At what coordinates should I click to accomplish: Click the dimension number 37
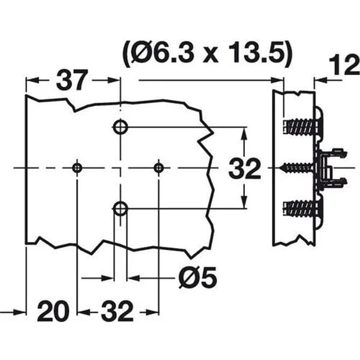pos(72,80)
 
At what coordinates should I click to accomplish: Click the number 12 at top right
pos(344,65)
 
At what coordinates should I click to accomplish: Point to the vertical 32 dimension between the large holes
pos(245,168)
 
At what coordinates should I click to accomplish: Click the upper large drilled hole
pos(121,127)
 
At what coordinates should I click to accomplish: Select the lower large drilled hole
pos(121,208)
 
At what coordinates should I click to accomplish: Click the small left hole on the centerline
pos(77,168)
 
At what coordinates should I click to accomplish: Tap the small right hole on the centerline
pos(159,168)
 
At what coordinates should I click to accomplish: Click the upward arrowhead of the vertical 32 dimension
pos(244,134)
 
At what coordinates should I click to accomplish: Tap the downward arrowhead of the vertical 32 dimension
pos(244,202)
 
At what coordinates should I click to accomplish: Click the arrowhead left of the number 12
pos(321,80)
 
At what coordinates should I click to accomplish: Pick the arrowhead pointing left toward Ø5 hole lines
pos(133,278)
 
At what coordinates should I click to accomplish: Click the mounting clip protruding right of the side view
pos(332,169)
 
